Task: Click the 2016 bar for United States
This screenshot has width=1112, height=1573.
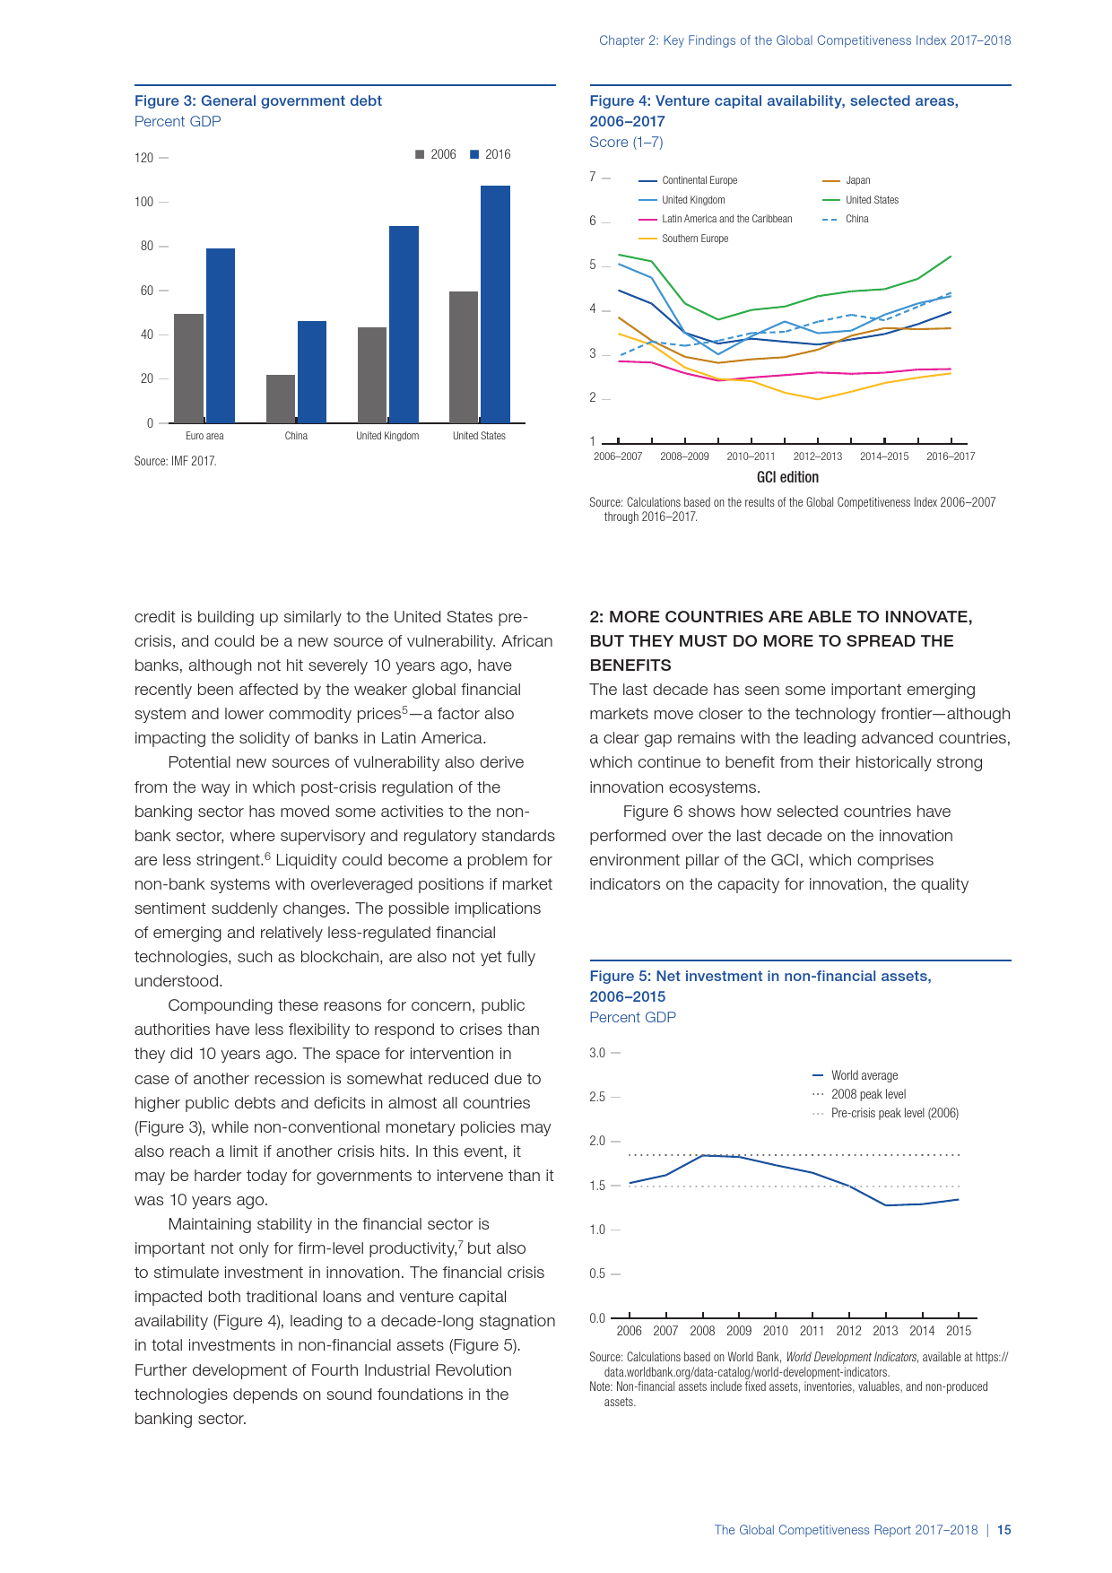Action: coord(495,304)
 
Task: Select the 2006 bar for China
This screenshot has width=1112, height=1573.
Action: coord(281,399)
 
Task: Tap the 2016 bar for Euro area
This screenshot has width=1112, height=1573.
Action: coord(221,335)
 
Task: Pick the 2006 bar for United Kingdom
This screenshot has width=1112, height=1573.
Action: coord(372,375)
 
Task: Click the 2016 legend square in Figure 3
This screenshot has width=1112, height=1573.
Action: coord(475,154)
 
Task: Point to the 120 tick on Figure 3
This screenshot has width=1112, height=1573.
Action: coord(144,158)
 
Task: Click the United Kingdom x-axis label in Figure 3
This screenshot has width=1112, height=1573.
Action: coord(387,436)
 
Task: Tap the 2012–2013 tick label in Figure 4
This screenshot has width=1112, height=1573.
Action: coord(818,456)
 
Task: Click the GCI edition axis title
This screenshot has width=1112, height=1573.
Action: coord(787,477)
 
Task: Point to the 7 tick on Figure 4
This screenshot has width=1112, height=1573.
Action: coord(593,177)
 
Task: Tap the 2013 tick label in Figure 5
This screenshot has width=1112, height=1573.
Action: coord(885,1331)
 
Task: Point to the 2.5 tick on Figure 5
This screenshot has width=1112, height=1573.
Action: coord(597,1097)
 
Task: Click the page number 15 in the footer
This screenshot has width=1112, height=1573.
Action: coord(1004,1530)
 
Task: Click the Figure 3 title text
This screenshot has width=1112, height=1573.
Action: coord(258,101)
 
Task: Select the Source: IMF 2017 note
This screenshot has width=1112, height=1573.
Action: coord(176,461)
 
